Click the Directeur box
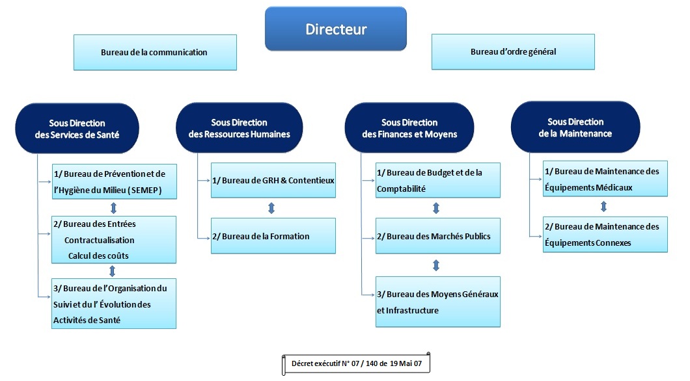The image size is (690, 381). tap(335, 29)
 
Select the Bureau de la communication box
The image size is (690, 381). tap(154, 52)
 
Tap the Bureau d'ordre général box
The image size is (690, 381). tap(513, 51)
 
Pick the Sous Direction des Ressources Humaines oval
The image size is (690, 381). tap(239, 128)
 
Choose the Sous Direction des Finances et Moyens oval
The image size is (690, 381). tap(409, 128)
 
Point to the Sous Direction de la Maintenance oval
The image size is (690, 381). tap(575, 127)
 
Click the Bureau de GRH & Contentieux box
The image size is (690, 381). tap(273, 179)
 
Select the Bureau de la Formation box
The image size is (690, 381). tap(273, 235)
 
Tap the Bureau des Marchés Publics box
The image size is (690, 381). tap(438, 236)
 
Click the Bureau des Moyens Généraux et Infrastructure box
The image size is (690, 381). tap(438, 302)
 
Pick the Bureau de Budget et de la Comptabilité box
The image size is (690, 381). tap(438, 180)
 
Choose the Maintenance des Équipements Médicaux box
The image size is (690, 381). tap(605, 179)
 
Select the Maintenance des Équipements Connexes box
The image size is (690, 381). tap(605, 235)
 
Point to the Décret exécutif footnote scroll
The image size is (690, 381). tap(356, 363)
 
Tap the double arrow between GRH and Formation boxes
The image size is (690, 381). tap(271, 208)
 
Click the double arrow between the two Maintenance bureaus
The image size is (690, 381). tap(603, 206)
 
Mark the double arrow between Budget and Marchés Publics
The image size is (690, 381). tap(436, 208)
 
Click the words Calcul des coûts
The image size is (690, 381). tap(98, 256)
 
